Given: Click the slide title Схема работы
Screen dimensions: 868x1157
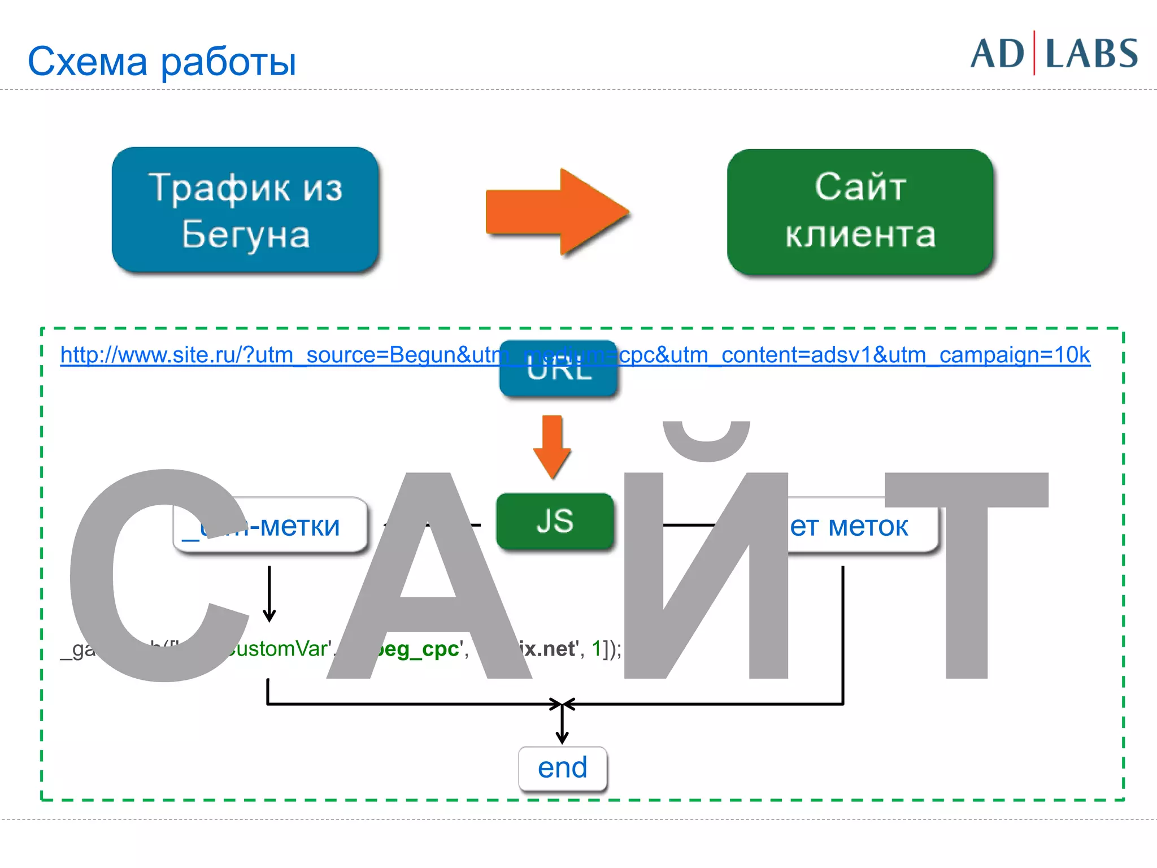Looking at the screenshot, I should click(x=162, y=61).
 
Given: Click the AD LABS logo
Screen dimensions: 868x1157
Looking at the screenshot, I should click(x=1054, y=54).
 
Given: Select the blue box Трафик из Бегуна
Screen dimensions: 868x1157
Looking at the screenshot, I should click(x=245, y=210).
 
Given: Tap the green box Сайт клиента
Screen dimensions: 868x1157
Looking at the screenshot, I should click(x=860, y=211).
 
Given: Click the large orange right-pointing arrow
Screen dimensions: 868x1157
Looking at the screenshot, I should click(x=557, y=212).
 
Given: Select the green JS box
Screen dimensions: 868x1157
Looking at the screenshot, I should click(x=555, y=521).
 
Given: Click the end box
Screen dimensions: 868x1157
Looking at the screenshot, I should click(x=563, y=768).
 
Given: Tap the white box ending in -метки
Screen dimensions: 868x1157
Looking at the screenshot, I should click(x=299, y=526).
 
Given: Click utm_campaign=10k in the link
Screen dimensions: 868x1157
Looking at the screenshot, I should click(x=1015, y=355).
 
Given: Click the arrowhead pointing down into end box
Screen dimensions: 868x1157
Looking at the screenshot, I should click(x=562, y=735).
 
